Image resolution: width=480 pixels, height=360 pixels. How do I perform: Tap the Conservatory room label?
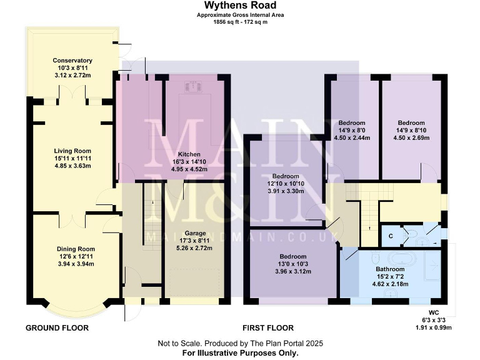pyautogui.click(x=72, y=61)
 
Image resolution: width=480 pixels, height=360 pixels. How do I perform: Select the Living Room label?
pyautogui.click(x=72, y=151)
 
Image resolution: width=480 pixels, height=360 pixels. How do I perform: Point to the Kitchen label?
pyautogui.click(x=189, y=154)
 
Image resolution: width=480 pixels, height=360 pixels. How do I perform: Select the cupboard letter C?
pyautogui.click(x=391, y=236)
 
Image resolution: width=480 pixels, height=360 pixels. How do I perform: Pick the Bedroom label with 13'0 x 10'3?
pyautogui.click(x=293, y=257)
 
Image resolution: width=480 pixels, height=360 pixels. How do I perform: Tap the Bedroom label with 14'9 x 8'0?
pyautogui.click(x=352, y=123)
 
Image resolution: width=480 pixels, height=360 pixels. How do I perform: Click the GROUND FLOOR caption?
pyautogui.click(x=57, y=327)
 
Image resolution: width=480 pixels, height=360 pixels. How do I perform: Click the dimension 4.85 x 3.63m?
pyautogui.click(x=72, y=166)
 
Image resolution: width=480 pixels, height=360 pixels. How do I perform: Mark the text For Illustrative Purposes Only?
pyautogui.click(x=239, y=352)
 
